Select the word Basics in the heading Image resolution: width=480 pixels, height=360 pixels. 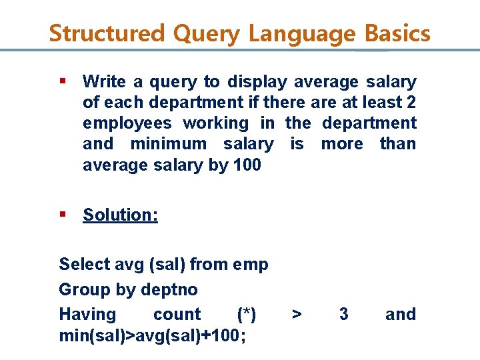[397, 33]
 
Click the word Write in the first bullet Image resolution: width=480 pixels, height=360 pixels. [104, 82]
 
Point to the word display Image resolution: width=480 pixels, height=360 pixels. [257, 82]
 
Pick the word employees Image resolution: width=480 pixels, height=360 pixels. [127, 123]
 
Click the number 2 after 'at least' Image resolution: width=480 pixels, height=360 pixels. [411, 103]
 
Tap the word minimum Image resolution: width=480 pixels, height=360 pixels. [169, 144]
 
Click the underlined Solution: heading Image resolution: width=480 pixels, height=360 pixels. [120, 215]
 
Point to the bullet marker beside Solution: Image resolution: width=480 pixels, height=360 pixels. [63, 214]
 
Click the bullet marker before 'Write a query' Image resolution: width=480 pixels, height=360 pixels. [63, 81]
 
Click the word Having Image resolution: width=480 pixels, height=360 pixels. [87, 315]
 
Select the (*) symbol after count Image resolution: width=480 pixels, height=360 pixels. [247, 315]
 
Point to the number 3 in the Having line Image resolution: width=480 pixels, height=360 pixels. [343, 315]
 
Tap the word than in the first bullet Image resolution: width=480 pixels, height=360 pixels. [397, 144]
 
